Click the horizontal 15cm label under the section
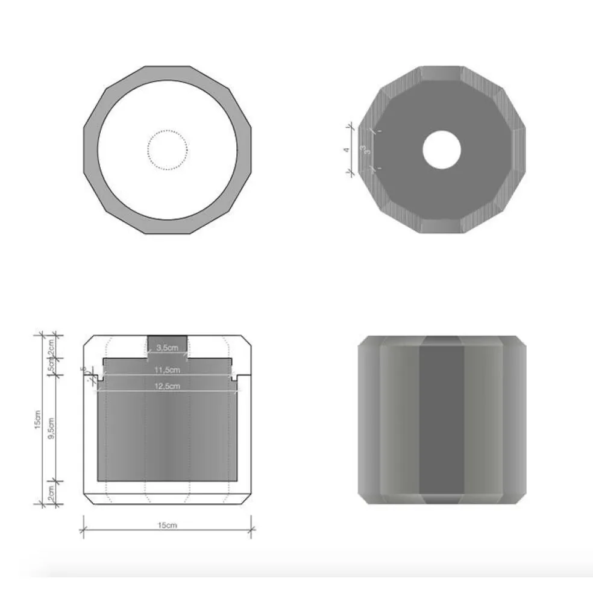[167, 526]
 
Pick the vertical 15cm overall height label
[38, 420]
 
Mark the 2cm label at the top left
[52, 347]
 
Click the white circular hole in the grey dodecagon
[442, 149]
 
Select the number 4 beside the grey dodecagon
[347, 149]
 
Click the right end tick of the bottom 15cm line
[251, 530]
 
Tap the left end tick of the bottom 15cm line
[83, 530]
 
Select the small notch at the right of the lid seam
[234, 378]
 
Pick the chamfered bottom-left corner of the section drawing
[88, 499]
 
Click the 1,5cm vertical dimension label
[52, 363]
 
